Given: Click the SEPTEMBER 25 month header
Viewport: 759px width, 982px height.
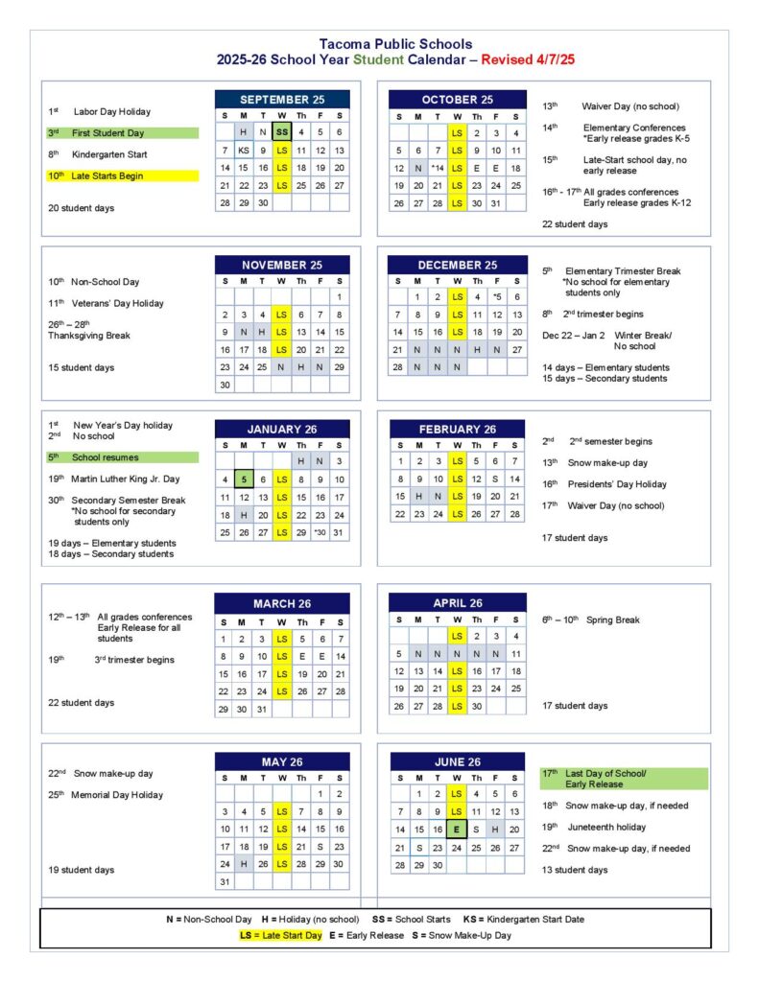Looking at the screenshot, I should pos(282,100).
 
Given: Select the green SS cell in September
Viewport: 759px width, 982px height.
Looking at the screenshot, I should pos(281,132).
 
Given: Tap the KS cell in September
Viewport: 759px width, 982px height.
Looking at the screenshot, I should pos(244,151).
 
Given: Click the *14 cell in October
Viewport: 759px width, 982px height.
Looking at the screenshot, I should pos(438,168).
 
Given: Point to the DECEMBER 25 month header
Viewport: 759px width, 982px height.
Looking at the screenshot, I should pos(457,265).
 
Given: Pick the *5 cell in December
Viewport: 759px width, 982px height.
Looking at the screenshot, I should pos(496,297).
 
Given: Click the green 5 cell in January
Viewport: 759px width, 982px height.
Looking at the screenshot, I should pos(244,479).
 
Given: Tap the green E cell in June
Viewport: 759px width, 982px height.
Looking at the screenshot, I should pos(457,830).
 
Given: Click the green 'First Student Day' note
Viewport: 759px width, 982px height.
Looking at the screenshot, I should pos(122,133).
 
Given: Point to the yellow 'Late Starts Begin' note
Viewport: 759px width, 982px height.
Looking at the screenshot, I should pos(122,175).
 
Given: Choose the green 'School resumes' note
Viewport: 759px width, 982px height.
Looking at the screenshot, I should pos(122,457).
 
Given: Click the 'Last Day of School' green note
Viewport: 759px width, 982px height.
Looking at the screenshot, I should pos(624,778).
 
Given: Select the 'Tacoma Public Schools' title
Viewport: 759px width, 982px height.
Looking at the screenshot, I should pos(395,44).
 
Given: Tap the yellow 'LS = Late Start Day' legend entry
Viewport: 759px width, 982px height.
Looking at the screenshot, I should pos(281,935).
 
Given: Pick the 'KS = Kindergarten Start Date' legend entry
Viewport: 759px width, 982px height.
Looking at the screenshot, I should pos(523,919).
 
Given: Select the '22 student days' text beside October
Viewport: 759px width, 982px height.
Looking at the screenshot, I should pos(575,223).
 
